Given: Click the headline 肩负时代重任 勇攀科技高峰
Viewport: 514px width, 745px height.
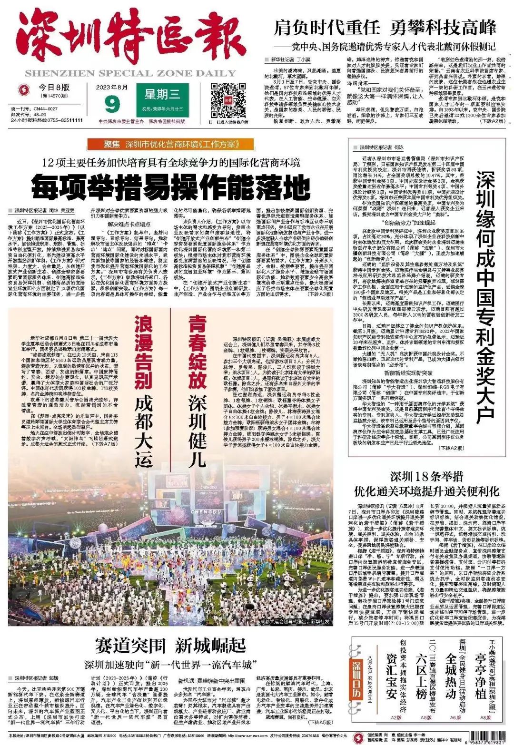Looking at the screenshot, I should coord(385,28).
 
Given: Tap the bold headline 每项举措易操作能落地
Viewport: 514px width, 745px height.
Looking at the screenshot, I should coord(171,186).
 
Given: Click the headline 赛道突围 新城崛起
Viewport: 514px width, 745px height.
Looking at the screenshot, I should coord(170,646).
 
